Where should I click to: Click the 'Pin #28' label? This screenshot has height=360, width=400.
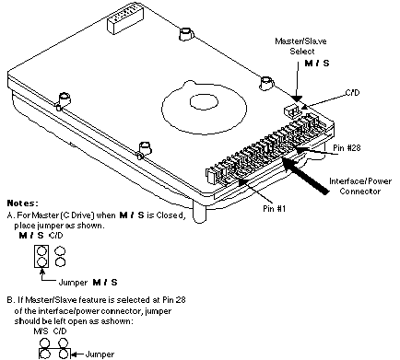347,148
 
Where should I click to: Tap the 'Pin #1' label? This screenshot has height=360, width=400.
275,208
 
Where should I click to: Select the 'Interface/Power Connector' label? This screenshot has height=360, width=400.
360,186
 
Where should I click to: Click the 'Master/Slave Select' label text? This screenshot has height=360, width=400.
300,46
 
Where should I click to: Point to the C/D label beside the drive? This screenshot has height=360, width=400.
353,92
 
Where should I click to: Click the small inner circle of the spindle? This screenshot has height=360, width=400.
204,102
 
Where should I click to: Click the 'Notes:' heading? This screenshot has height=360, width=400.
23,203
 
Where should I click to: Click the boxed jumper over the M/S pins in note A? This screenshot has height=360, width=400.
41,256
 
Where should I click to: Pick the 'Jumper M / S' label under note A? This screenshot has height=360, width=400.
88,283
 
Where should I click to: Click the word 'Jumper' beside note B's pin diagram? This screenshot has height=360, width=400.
100,354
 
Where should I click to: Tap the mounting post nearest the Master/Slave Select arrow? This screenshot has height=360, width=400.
266,82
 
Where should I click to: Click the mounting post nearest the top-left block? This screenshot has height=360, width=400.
186,33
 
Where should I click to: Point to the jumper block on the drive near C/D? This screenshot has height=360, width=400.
290,110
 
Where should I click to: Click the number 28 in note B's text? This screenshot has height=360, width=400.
181,299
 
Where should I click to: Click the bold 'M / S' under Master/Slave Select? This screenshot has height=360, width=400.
317,64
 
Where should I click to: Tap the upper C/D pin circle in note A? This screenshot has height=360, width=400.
60,251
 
